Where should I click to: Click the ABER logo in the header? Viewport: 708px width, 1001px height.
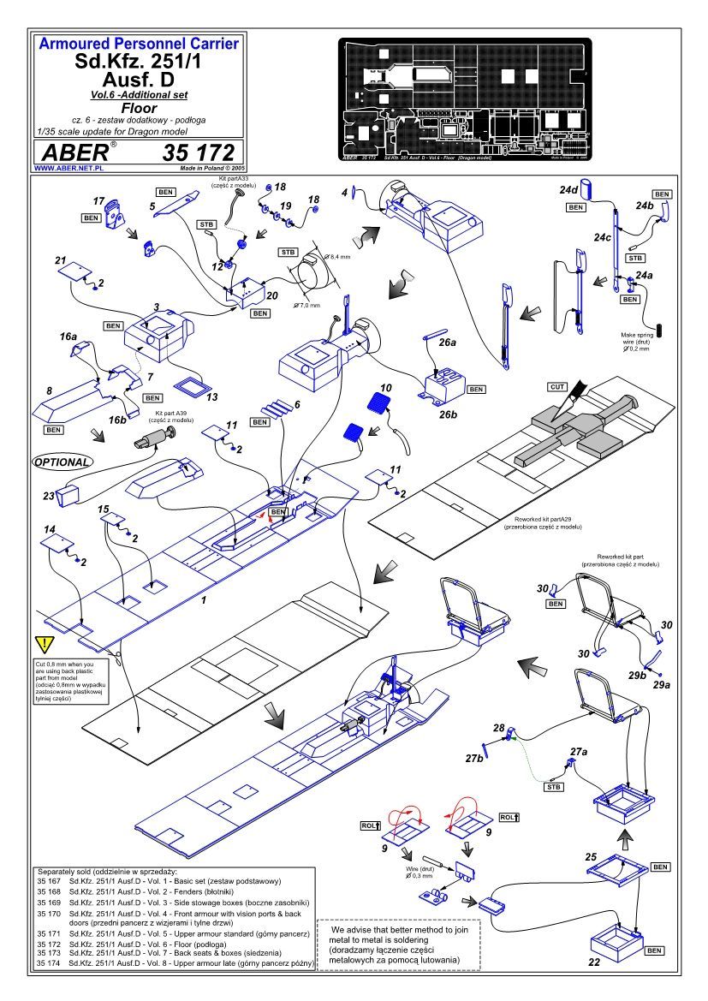coord(74,153)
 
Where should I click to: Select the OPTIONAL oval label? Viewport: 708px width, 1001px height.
coord(62,462)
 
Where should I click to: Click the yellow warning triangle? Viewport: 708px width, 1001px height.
coord(43,645)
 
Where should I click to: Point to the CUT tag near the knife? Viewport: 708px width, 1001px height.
coord(556,387)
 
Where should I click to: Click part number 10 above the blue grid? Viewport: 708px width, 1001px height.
coord(386,388)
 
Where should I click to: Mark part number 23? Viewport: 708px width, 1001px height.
coord(48,494)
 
